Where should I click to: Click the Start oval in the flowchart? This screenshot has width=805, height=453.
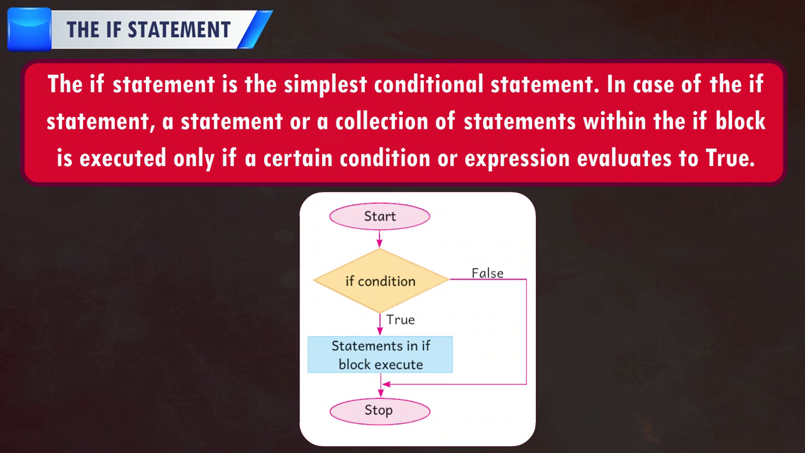[379, 216]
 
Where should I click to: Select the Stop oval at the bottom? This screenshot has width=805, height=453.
[379, 411]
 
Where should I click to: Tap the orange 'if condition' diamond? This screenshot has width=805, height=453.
[381, 281]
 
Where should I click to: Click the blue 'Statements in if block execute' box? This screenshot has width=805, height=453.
[380, 354]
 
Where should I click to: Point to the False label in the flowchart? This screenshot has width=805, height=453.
[487, 273]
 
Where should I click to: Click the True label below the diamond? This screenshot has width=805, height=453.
[401, 320]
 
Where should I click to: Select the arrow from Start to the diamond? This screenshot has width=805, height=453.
[379, 238]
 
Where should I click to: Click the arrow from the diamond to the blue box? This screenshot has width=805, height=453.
[380, 324]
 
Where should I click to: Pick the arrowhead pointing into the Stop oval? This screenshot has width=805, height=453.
[380, 394]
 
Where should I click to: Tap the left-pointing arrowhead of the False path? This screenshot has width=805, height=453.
[387, 384]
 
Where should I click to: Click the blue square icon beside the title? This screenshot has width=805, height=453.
[30, 30]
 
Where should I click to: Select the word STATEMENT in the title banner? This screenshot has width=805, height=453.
[179, 30]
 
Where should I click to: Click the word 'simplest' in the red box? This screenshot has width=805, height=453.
[325, 85]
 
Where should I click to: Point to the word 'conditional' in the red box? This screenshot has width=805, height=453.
[428, 84]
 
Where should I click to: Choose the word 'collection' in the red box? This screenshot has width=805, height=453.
[382, 121]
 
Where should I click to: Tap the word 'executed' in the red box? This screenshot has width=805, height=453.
[122, 158]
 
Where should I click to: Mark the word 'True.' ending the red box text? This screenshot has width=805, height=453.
[730, 157]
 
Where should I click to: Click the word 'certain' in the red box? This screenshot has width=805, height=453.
[298, 158]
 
